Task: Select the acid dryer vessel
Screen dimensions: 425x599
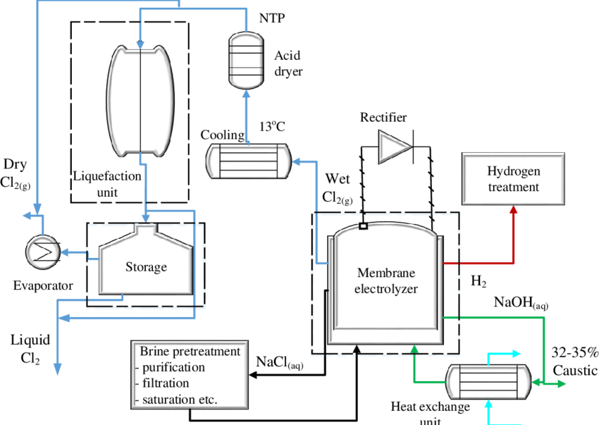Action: [247, 61]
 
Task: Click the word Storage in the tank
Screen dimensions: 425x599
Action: [146, 267]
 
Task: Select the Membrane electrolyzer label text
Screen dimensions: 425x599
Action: [385, 281]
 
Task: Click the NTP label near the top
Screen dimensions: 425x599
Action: [272, 18]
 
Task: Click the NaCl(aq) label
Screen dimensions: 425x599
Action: [280, 362]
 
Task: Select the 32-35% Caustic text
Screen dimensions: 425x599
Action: [573, 361]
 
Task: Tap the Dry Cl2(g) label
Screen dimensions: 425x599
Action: [16, 173]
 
